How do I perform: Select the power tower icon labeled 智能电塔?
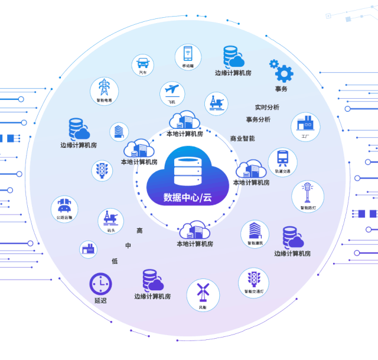104,87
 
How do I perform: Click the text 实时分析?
267,108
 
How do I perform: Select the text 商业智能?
243,138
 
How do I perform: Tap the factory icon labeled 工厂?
305,124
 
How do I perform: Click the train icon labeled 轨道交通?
282,158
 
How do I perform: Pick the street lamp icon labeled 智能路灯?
307,193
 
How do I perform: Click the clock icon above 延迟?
100,284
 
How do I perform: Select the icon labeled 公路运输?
64,206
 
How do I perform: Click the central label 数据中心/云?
188,197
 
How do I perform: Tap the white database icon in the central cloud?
188,168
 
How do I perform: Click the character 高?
139,231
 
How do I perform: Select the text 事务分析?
254,119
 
